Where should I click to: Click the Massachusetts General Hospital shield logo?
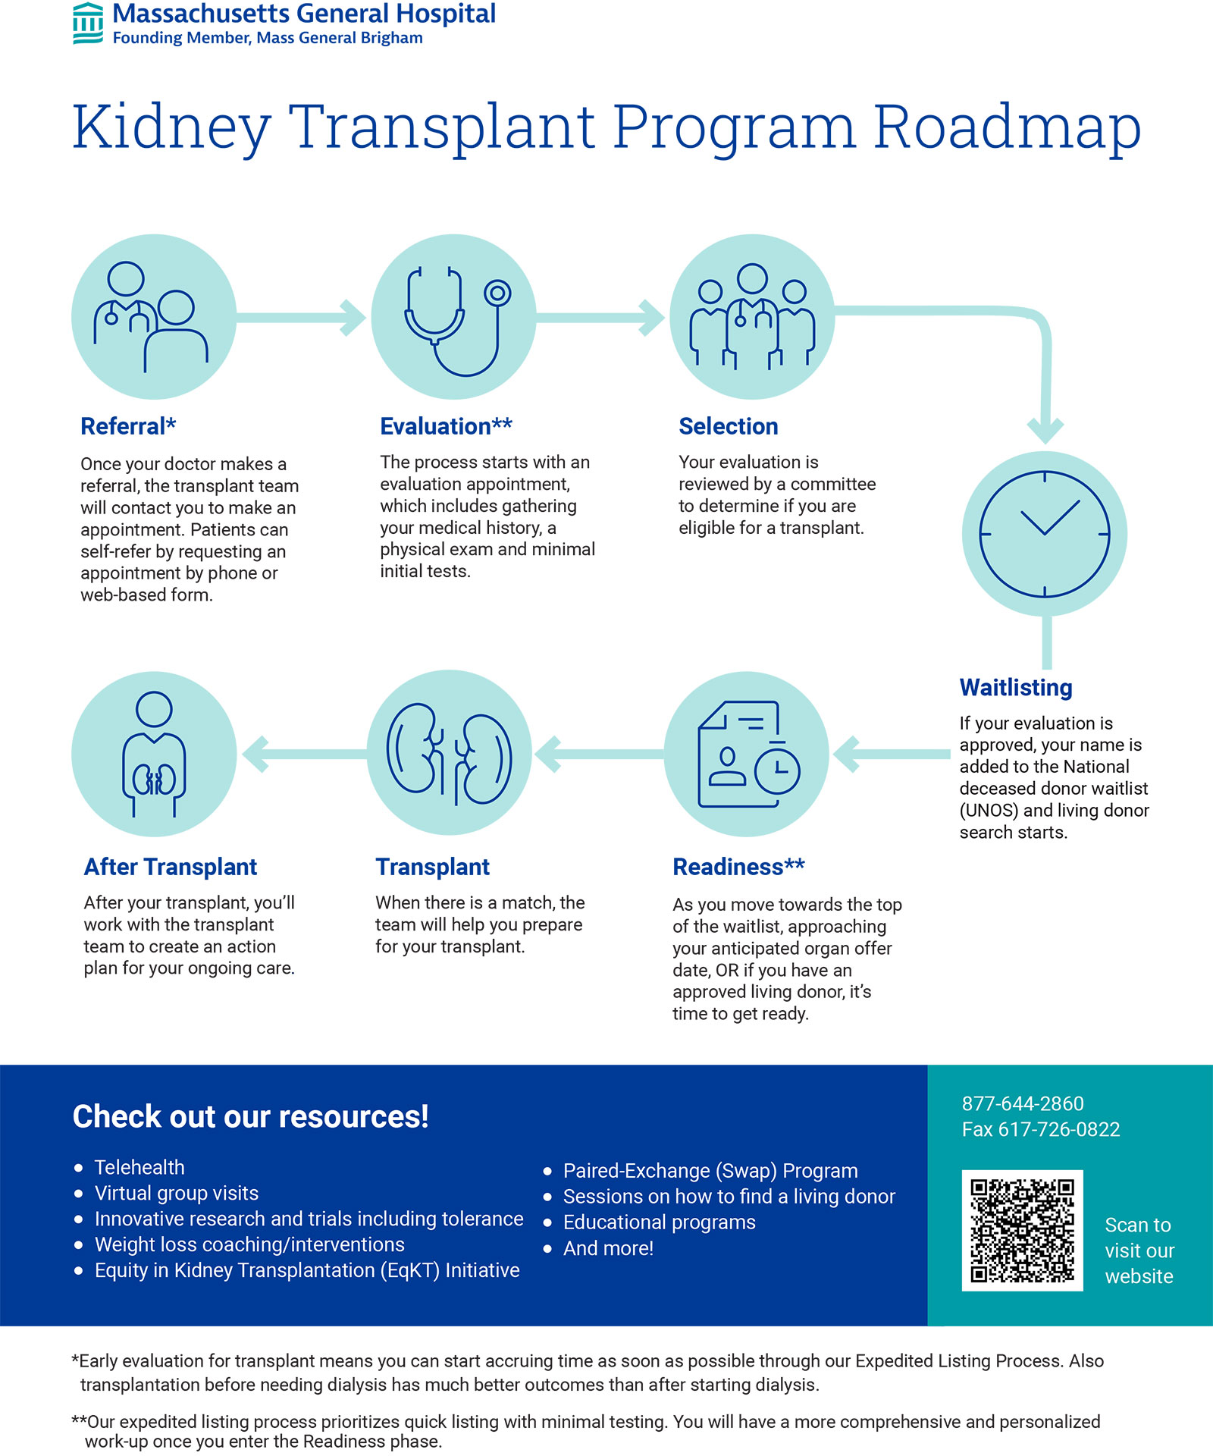[x=88, y=24]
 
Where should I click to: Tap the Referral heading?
[x=128, y=426]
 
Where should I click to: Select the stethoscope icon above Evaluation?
[x=454, y=318]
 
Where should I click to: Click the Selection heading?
[x=728, y=426]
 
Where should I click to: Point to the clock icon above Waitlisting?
[x=1044, y=534]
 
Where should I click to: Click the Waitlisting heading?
[x=1015, y=687]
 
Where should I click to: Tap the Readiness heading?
[x=738, y=867]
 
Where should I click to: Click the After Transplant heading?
[x=171, y=867]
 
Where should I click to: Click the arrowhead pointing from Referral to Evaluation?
[x=353, y=318]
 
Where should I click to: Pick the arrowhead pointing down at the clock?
[x=1045, y=430]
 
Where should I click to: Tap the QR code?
[x=1022, y=1230]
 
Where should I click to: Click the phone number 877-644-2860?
[x=1023, y=1103]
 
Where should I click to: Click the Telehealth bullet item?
[x=139, y=1167]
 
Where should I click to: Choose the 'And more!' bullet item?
[x=608, y=1248]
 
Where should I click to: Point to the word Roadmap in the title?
[x=1007, y=127]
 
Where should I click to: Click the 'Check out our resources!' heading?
[x=250, y=1116]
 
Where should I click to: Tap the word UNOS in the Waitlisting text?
[x=989, y=811]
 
